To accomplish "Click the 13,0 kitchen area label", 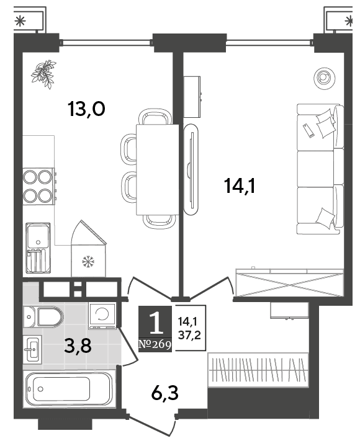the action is (86, 109).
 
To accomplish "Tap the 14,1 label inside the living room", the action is (240, 186).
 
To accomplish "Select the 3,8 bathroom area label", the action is (78, 346).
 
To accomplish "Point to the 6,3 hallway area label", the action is (164, 393).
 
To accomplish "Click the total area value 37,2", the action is (190, 336).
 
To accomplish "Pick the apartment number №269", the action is (155, 344).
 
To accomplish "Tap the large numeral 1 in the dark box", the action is (155, 323).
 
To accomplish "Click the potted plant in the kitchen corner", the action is (44, 74).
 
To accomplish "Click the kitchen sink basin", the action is (38, 236).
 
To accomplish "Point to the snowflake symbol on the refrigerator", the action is (88, 262).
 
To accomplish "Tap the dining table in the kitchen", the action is (157, 169).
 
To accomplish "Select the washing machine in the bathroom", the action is (102, 316).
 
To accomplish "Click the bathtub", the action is (70, 390).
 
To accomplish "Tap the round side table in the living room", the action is (325, 79).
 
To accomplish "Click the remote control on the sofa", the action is (308, 130).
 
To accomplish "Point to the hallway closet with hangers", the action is (258, 369).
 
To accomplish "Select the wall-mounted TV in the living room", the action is (191, 170).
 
